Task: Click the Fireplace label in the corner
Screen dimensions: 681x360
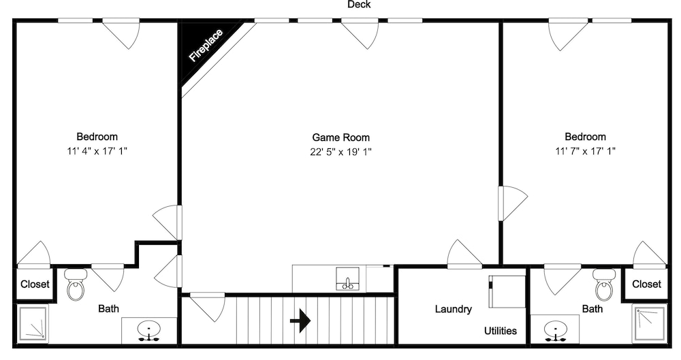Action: pos(206,45)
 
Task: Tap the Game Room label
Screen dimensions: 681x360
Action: pos(341,137)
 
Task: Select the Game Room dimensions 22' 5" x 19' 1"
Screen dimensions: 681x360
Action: pos(341,152)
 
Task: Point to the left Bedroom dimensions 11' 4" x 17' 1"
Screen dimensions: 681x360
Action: pos(97,151)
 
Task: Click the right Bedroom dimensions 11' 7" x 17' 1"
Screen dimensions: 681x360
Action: pos(585,151)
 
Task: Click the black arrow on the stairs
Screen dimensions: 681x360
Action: pos(300,321)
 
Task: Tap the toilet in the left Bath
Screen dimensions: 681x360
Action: pos(76,285)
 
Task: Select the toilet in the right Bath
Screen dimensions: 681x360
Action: pos(604,285)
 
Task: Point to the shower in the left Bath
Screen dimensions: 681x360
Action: pos(32,323)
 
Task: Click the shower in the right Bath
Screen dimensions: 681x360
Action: pos(650,323)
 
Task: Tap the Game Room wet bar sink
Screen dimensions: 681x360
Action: pos(347,279)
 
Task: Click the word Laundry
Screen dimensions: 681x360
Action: pos(454,309)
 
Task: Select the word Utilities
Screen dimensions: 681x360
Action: pos(501,331)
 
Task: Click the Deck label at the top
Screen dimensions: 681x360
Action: pos(359,4)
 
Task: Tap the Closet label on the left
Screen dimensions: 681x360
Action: pos(35,284)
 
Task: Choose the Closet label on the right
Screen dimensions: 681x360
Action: pos(646,284)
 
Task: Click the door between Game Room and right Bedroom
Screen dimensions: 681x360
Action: pos(513,203)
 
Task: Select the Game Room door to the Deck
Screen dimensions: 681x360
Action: pos(360,33)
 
